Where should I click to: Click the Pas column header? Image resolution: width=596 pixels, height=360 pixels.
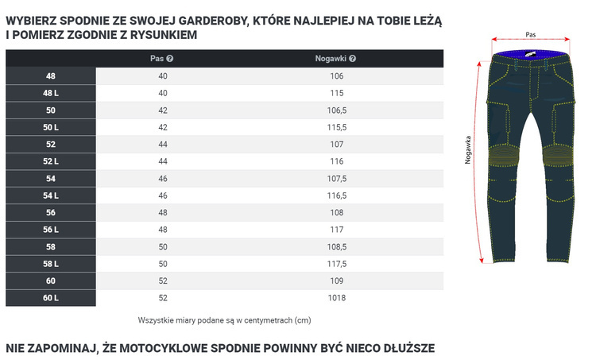[157, 58]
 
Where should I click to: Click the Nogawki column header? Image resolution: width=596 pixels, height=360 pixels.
[331, 58]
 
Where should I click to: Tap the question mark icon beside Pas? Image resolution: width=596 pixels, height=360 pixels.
[170, 58]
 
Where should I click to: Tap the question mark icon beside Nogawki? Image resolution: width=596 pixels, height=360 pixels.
[352, 58]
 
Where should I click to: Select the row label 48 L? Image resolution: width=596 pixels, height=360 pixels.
[51, 93]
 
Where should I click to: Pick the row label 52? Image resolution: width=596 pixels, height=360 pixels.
[51, 145]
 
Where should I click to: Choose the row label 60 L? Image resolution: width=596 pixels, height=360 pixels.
[51, 298]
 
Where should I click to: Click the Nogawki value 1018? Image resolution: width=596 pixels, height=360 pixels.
[336, 298]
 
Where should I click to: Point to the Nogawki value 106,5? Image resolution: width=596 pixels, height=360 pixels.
[336, 110]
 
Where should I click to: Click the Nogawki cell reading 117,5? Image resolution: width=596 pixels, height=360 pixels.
[336, 264]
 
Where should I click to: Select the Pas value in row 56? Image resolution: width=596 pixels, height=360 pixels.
[163, 213]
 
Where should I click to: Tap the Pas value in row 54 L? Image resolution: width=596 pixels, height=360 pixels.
[163, 195]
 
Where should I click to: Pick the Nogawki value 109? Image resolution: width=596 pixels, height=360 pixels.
[336, 281]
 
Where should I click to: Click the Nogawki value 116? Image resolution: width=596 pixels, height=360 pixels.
[336, 161]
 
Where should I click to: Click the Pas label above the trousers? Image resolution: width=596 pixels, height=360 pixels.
[530, 35]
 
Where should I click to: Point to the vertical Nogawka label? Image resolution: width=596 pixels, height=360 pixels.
[469, 149]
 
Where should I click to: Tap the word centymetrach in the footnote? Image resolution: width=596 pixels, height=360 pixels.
[265, 320]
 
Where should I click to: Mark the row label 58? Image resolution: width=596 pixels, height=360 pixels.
[51, 247]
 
